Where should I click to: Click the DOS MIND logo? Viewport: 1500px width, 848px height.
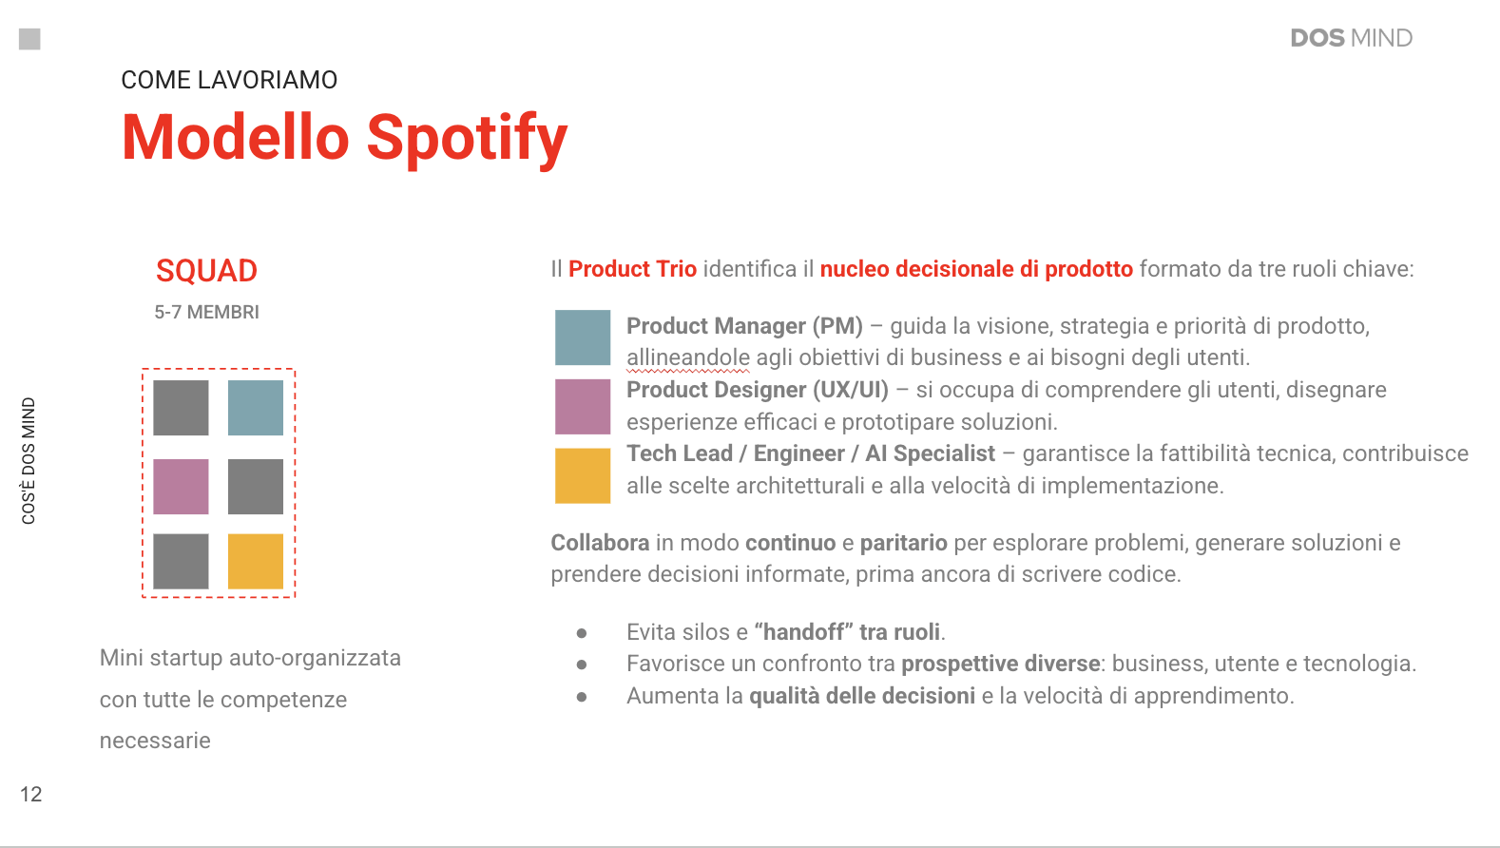click(1352, 38)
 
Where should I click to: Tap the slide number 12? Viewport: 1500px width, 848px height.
click(30, 795)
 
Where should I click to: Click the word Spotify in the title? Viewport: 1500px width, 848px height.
click(467, 140)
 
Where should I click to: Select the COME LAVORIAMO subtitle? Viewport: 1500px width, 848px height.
click(229, 80)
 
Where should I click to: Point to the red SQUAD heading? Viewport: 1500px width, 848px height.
click(206, 271)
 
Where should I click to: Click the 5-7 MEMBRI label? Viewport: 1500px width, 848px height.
click(207, 312)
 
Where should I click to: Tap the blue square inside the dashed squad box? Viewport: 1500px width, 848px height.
click(255, 408)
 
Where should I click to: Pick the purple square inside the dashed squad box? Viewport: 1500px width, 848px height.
click(181, 487)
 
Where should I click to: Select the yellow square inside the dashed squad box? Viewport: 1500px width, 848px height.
click(255, 561)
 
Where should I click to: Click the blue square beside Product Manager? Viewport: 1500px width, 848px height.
click(583, 337)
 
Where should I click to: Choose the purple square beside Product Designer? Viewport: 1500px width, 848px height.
click(583, 407)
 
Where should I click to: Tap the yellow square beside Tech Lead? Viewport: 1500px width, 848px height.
click(583, 475)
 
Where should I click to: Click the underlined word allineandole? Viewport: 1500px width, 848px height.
click(687, 357)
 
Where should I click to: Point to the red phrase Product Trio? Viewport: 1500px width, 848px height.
click(633, 269)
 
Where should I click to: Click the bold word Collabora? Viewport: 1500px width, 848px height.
click(600, 543)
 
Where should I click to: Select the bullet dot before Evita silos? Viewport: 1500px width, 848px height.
click(582, 633)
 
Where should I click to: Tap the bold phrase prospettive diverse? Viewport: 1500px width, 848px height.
click(1000, 664)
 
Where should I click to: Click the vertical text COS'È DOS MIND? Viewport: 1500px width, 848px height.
click(29, 461)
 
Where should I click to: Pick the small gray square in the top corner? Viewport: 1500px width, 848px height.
click(29, 39)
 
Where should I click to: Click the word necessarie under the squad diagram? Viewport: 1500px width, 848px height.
click(155, 741)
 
